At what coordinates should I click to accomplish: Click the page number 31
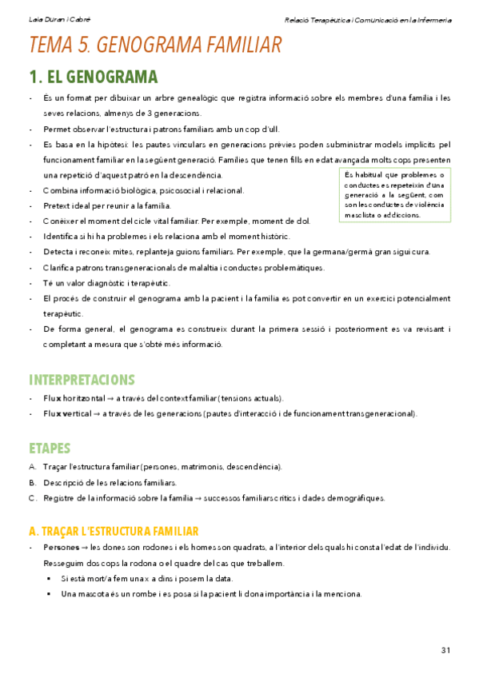click(x=445, y=649)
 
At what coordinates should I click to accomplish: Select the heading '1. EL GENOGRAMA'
click(x=93, y=78)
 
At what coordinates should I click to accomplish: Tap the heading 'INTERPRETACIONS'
click(x=82, y=379)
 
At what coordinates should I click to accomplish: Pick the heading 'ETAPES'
click(x=50, y=448)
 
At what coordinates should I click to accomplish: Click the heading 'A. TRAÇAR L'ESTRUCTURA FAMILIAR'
click(x=113, y=531)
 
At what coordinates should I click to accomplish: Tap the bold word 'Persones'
click(x=61, y=548)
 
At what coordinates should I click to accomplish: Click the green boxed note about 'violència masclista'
click(x=393, y=195)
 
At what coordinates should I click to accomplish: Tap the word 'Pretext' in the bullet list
click(x=57, y=205)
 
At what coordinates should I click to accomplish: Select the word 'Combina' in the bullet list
click(x=59, y=190)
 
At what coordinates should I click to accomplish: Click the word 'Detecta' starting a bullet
click(x=58, y=253)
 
